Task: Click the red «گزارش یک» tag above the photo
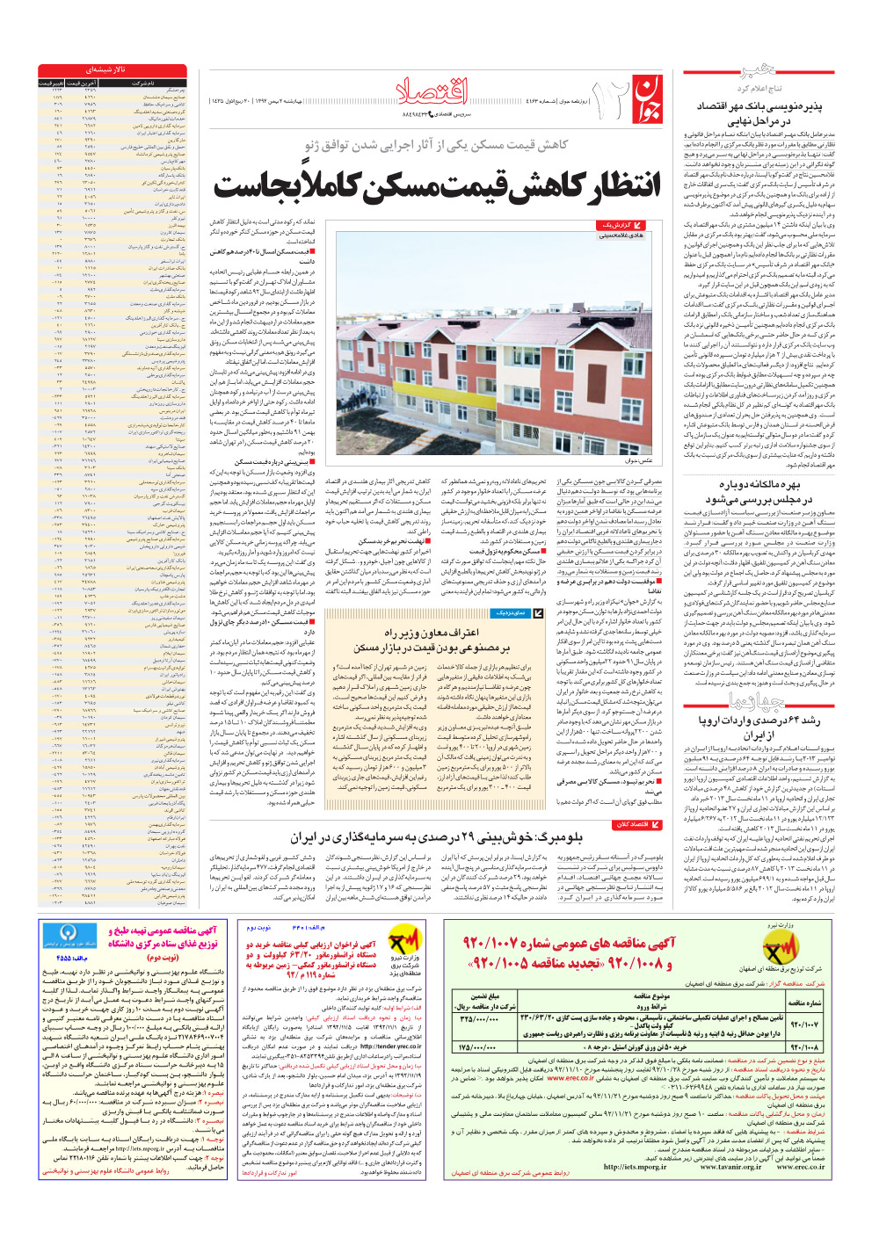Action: tap(620, 226)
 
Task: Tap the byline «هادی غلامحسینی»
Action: tap(621, 235)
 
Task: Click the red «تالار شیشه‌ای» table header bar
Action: tap(112, 69)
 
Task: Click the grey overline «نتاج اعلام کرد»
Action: tap(759, 89)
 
